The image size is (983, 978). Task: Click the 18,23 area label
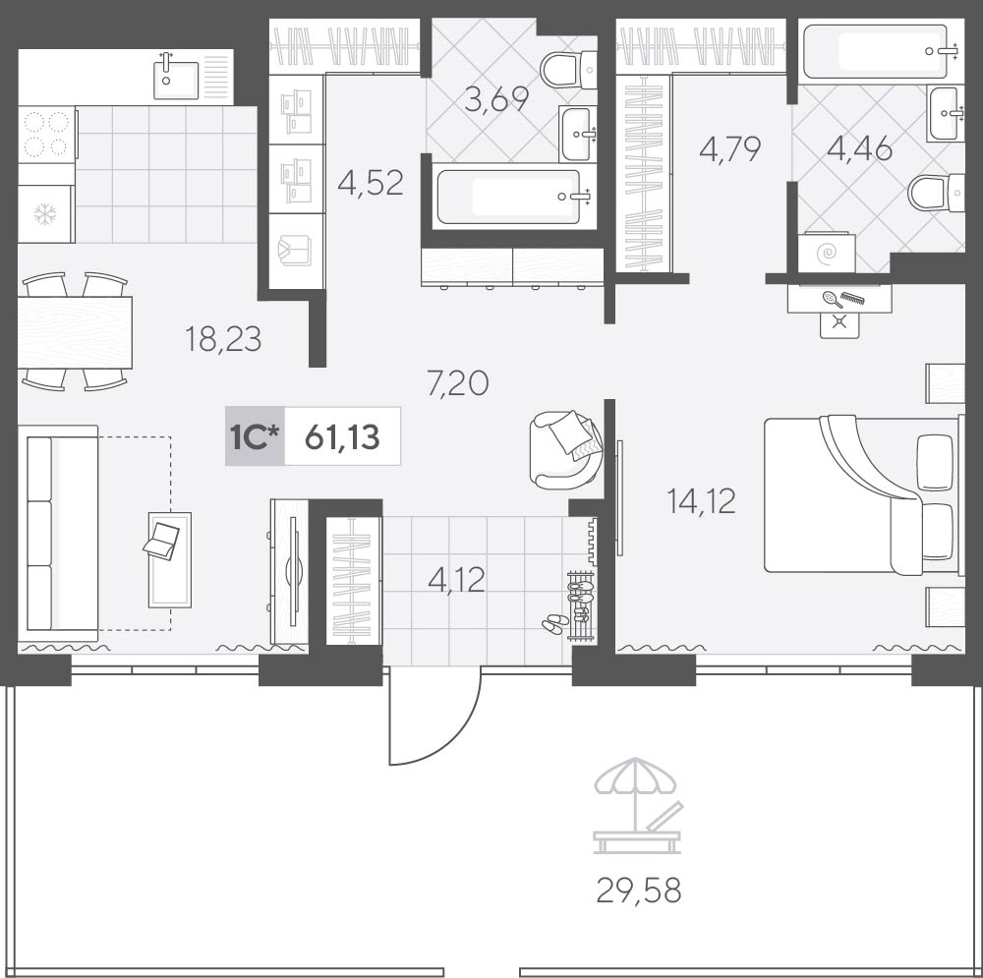[223, 339]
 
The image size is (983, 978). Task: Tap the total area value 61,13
[342, 437]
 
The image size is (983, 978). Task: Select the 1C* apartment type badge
[255, 437]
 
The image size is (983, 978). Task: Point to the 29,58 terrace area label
[638, 891]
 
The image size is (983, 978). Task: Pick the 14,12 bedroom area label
[702, 501]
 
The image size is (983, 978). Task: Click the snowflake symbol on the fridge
[45, 214]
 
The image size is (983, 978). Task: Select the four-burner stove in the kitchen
[46, 134]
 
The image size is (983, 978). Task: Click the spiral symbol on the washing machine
[828, 254]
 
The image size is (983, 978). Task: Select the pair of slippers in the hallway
[555, 622]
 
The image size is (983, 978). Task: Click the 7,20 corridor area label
[458, 383]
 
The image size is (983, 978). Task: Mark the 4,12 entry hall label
[456, 580]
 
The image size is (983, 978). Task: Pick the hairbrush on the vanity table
[833, 299]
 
